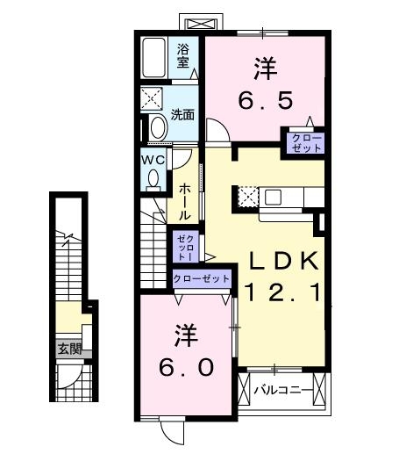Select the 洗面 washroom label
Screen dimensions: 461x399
182,114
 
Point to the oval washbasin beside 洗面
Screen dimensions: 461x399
158,126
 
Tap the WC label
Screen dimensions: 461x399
153,160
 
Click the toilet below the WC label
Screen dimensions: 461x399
153,179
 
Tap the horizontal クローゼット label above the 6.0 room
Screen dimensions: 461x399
201,278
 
